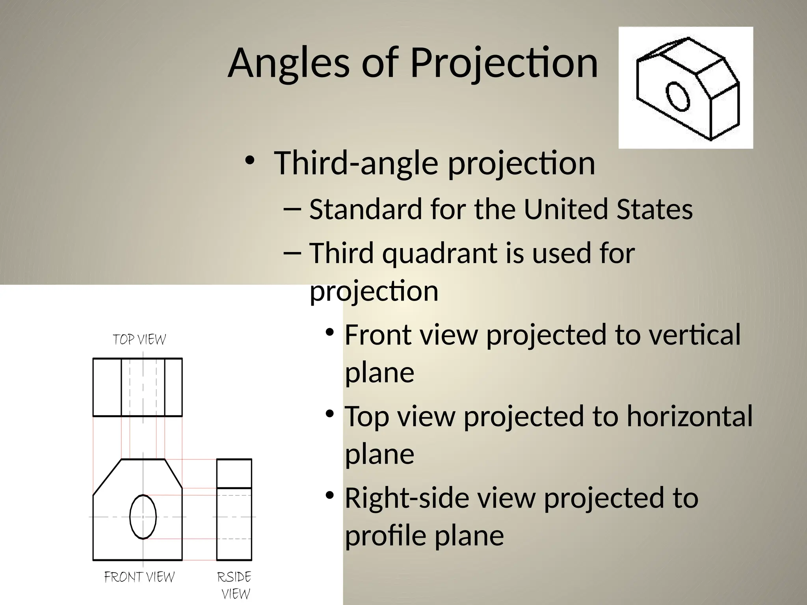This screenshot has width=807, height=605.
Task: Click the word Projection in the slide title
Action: [x=504, y=63]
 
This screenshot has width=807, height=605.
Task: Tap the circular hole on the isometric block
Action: [x=678, y=96]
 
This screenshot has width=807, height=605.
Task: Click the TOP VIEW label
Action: [x=139, y=340]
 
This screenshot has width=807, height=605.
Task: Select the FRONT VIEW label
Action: [x=139, y=577]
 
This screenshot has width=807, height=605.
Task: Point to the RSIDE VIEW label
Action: [x=235, y=585]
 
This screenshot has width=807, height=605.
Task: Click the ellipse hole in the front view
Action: [x=143, y=516]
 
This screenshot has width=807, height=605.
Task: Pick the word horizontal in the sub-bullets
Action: [x=690, y=416]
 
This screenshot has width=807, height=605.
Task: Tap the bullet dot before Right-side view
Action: [x=330, y=495]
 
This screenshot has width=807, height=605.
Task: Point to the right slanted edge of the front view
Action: [x=173, y=473]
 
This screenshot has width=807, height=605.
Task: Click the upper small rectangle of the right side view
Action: [x=234, y=473]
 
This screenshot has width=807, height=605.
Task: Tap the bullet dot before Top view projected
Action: [x=330, y=414]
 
